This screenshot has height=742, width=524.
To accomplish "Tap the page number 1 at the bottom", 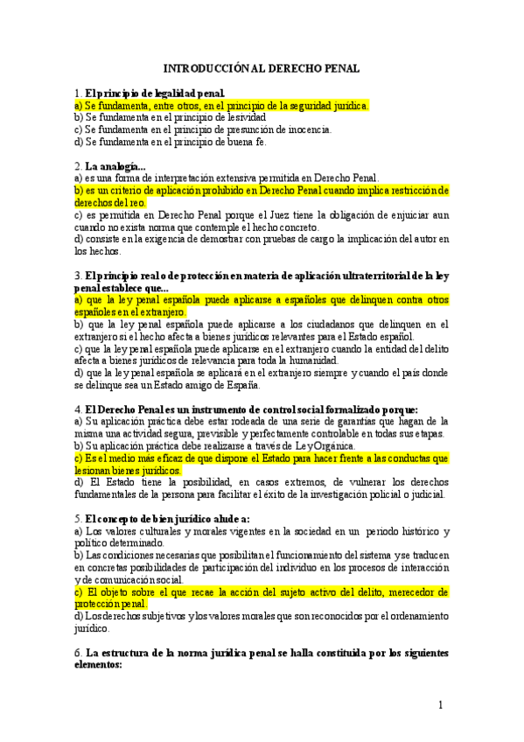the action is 442,705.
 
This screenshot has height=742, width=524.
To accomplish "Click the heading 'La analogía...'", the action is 116,165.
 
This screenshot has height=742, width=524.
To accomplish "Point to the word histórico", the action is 412,531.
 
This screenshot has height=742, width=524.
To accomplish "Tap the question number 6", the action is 78,654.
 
